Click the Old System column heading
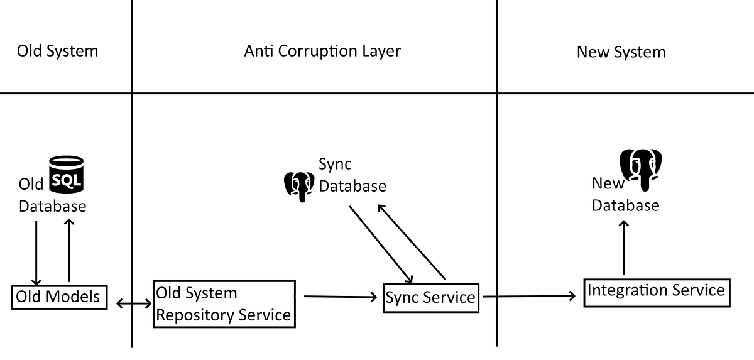(x=57, y=51)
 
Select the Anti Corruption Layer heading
(x=322, y=51)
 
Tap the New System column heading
(x=621, y=52)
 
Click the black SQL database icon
(x=66, y=174)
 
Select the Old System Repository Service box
(x=224, y=304)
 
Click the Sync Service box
(x=430, y=297)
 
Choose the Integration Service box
(x=656, y=292)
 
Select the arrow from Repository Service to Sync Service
(x=340, y=296)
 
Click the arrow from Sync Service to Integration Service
(x=528, y=295)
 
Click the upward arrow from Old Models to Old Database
(x=68, y=250)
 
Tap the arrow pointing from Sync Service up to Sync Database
(x=412, y=241)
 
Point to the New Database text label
(x=625, y=195)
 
